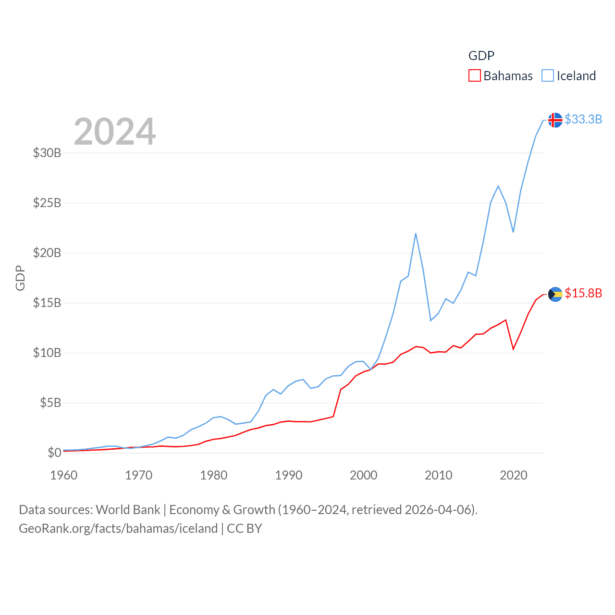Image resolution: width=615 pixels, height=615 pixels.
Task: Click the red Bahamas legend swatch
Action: point(475,76)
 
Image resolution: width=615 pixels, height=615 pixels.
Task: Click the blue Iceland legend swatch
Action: point(548,76)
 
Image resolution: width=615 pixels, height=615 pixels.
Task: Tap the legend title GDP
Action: point(481,56)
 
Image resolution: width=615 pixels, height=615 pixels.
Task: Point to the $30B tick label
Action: point(47,153)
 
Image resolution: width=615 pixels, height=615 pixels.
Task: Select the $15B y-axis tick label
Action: point(47,303)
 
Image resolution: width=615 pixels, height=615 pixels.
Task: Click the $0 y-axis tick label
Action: point(54,453)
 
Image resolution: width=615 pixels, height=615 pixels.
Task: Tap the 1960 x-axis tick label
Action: point(64,475)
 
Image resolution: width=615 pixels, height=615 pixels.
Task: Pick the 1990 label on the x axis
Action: point(288,475)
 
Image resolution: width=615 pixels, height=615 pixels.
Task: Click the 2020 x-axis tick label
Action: point(514,475)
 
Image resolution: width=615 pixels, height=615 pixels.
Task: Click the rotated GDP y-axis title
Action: point(20,278)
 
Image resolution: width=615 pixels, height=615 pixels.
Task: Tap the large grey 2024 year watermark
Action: point(115,131)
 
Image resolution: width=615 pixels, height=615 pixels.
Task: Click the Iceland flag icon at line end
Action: point(555,120)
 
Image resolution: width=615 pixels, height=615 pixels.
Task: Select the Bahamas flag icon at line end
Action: point(555,294)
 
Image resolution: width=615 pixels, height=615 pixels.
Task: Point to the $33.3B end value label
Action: point(583,119)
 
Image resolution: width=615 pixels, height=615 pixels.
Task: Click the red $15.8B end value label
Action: point(583,293)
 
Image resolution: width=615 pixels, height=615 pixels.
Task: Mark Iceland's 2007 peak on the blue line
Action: point(416,234)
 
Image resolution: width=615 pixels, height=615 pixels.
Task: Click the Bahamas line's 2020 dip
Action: point(513,349)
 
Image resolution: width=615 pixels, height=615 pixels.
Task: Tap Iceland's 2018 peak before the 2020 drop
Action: point(498,185)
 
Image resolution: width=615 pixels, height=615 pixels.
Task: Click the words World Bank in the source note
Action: point(128,509)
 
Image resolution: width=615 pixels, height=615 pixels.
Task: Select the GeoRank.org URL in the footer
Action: point(118,529)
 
